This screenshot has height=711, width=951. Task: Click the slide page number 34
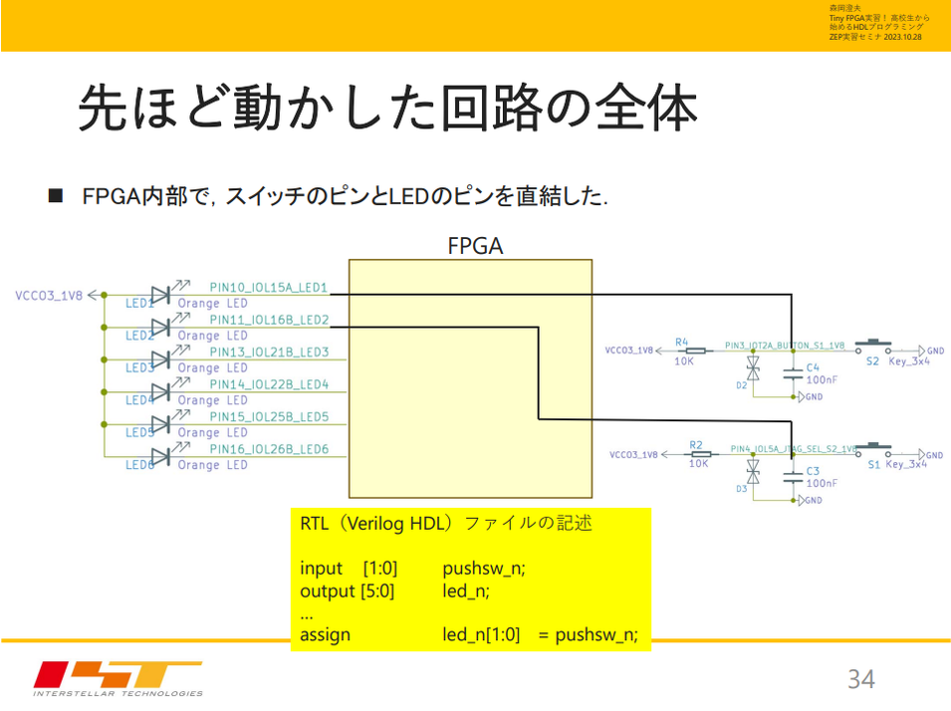click(860, 679)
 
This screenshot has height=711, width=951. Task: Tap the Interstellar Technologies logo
click(118, 678)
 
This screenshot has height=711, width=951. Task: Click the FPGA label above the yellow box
click(475, 245)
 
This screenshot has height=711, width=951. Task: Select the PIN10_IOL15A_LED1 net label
click(269, 287)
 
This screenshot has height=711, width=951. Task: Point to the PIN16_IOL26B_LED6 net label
click(269, 449)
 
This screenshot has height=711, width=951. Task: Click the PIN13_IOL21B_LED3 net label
click(269, 352)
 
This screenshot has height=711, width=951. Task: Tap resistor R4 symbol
click(696, 351)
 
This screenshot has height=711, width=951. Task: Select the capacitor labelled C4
click(793, 374)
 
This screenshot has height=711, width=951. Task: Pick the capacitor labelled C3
click(793, 477)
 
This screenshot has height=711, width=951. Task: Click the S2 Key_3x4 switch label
click(896, 361)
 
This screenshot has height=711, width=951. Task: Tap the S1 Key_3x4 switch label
click(896, 464)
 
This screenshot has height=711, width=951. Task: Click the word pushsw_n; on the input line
click(483, 569)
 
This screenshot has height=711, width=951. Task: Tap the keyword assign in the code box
click(325, 634)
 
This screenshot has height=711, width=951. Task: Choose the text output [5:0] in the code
click(348, 592)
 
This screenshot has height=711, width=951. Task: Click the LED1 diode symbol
click(159, 294)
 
